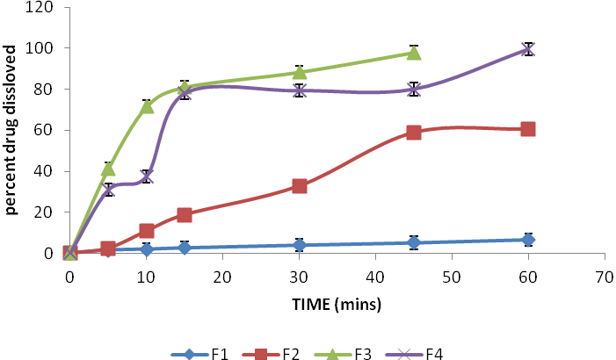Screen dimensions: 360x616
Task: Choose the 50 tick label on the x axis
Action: tap(452, 274)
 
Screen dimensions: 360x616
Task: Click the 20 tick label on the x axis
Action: tap(222, 274)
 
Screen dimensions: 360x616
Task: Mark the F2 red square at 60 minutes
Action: tap(528, 129)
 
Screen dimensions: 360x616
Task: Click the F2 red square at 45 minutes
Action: tap(414, 133)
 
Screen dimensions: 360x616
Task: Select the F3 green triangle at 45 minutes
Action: tap(414, 53)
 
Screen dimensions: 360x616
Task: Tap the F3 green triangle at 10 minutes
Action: tap(147, 106)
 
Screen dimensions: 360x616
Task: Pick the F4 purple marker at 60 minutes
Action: tap(528, 49)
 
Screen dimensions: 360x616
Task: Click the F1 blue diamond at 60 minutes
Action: tap(528, 240)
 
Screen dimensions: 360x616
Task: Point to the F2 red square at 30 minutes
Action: tap(300, 186)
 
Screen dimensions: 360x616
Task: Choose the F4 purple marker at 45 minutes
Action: tap(414, 90)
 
